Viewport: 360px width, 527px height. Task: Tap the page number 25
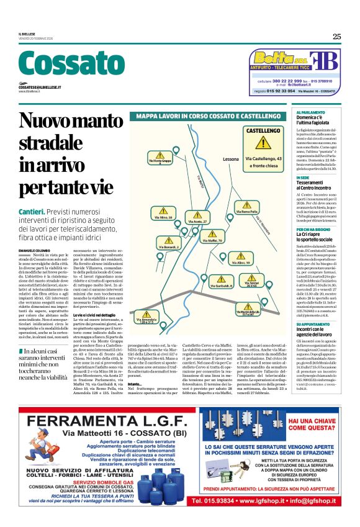point(336,37)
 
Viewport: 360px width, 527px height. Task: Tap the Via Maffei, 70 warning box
point(211,238)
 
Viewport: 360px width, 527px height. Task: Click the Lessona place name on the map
point(230,159)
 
